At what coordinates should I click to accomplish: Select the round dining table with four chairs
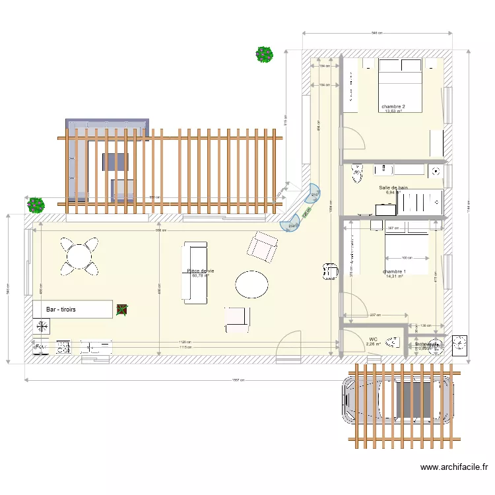(79, 256)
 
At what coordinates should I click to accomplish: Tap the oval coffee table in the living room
(251, 285)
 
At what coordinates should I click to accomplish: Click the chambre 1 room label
(393, 272)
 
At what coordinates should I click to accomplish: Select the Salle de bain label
(393, 187)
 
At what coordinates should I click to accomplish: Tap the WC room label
(373, 339)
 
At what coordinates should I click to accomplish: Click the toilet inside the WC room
(393, 342)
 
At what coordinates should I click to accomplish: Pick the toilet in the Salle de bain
(358, 173)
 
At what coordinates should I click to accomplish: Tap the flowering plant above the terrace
(265, 54)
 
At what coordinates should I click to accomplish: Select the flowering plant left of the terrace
(36, 205)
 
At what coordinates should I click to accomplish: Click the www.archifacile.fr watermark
(455, 467)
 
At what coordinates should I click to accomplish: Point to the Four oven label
(40, 345)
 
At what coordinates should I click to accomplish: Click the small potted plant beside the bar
(122, 309)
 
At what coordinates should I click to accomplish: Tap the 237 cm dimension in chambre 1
(374, 315)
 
